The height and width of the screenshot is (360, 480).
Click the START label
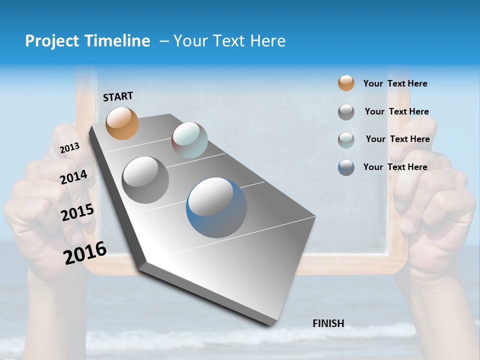click(118, 96)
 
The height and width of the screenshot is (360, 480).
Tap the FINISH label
click(328, 323)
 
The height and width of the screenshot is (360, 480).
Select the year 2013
click(69, 147)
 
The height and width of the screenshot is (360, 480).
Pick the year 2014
click(73, 177)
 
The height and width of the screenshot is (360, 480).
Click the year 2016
click(85, 252)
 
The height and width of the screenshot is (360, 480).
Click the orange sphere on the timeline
click(122, 123)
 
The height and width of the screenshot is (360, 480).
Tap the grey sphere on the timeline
click(145, 179)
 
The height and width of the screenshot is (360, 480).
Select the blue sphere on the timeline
click(216, 207)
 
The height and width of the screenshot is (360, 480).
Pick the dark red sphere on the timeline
click(189, 140)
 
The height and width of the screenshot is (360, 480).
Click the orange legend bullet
click(346, 83)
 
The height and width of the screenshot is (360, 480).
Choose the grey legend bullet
click(346, 112)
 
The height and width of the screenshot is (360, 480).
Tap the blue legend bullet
click(346, 167)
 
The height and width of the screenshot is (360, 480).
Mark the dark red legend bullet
click(346, 139)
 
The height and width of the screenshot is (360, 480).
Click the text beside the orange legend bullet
click(395, 83)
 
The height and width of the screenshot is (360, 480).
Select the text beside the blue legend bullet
click(395, 167)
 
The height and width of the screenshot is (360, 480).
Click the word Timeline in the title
click(115, 41)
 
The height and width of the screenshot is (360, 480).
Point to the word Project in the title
click(52, 41)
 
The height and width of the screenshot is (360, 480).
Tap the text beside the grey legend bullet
click(396, 111)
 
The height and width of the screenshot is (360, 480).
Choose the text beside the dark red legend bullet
click(397, 139)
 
